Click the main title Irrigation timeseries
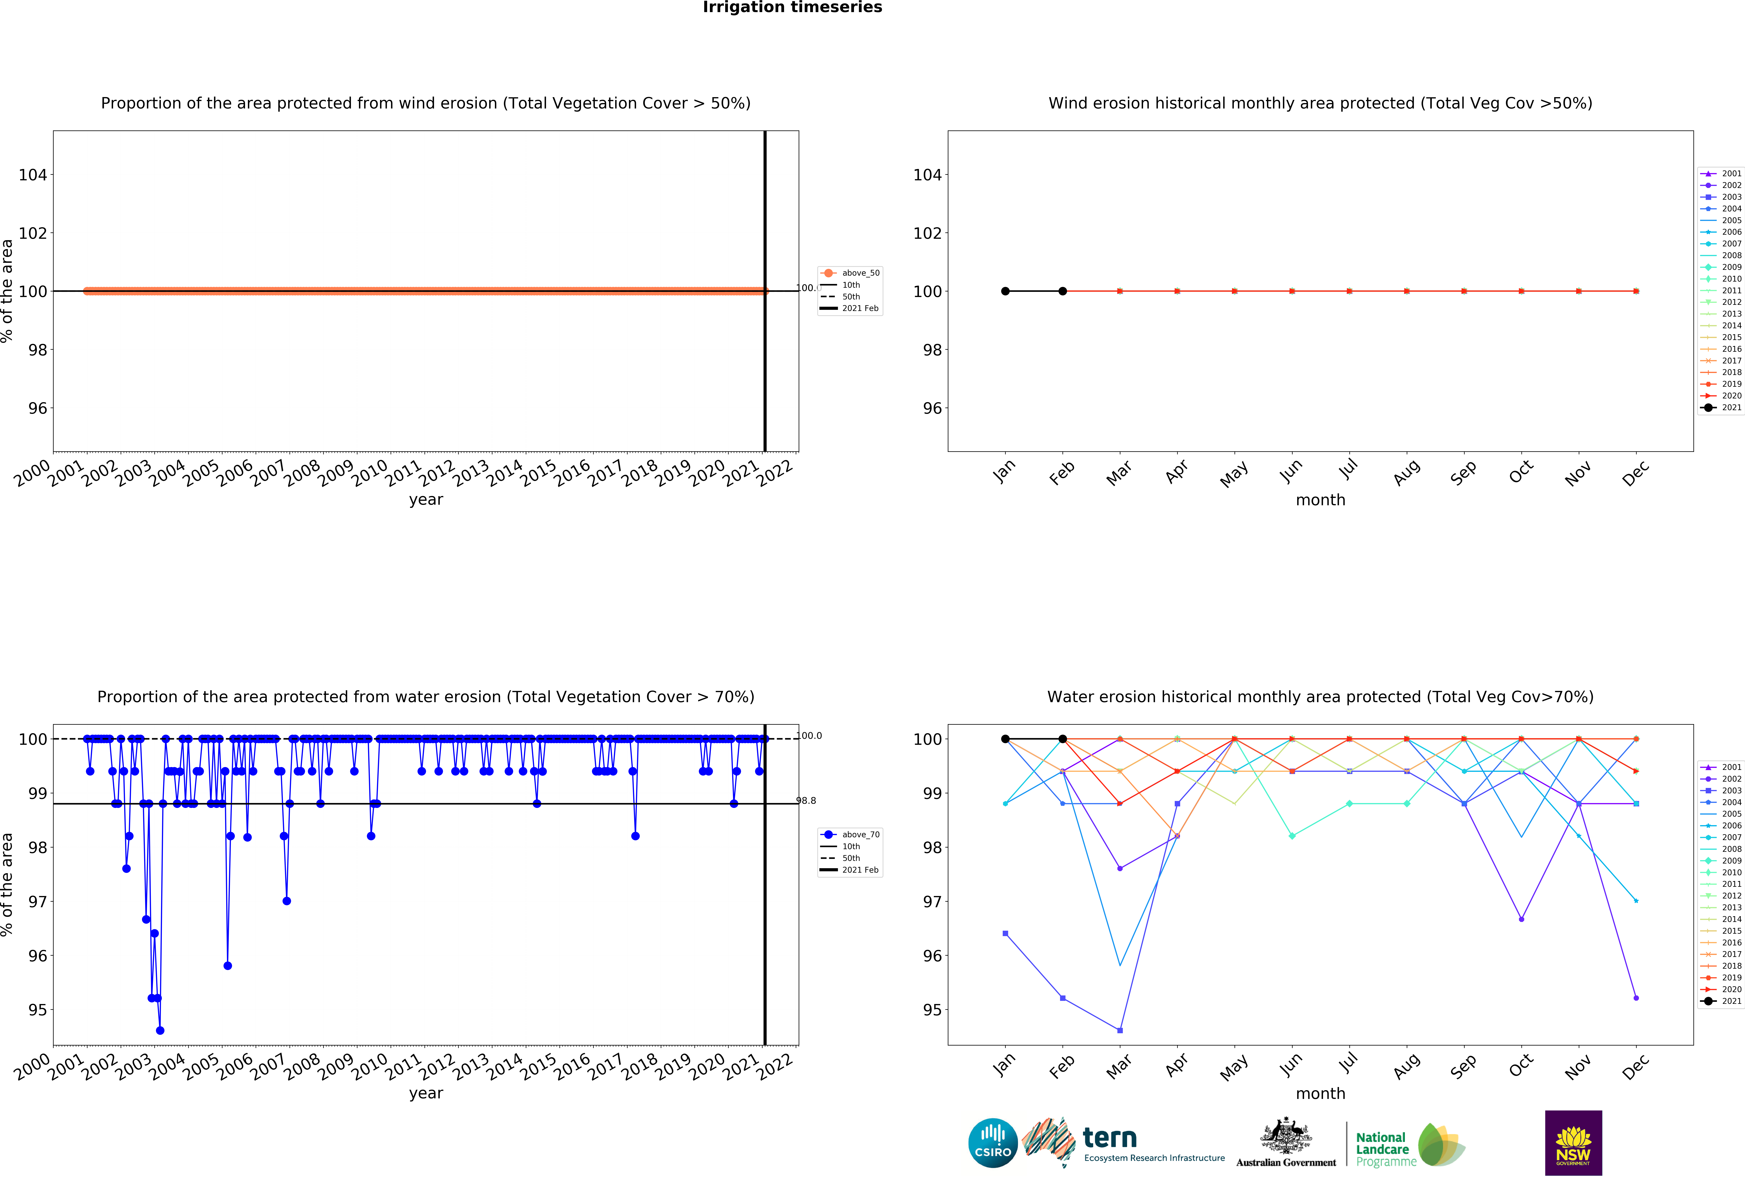tap(792, 7)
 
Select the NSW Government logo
tap(1573, 1142)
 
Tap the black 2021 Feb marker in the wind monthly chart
tap(1062, 291)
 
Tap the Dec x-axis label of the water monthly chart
tap(1635, 1067)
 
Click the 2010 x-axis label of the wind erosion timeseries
tap(369, 473)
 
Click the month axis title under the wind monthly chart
tap(1320, 500)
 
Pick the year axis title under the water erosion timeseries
tap(426, 1093)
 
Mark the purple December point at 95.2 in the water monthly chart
tap(1636, 998)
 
